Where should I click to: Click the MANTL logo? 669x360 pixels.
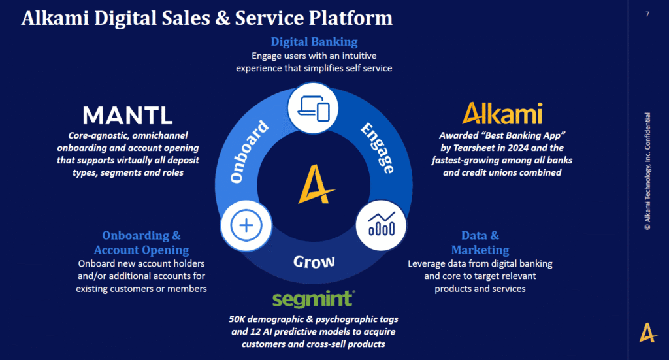[127, 116]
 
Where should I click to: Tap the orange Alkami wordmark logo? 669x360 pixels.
[502, 113]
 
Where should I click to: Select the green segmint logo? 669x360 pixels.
[314, 299]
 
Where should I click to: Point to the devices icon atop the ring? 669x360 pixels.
[314, 107]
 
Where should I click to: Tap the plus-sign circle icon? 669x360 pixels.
[246, 225]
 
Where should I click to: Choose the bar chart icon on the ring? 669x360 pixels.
[381, 222]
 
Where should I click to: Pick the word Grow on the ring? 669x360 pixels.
[314, 262]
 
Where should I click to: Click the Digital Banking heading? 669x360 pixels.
[314, 42]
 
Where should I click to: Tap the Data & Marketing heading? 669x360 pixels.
[480, 242]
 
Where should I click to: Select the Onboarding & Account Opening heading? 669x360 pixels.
[141, 242]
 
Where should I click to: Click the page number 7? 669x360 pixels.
[647, 14]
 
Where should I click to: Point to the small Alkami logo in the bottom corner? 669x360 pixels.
[647, 333]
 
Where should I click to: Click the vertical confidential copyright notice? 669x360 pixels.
[647, 172]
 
